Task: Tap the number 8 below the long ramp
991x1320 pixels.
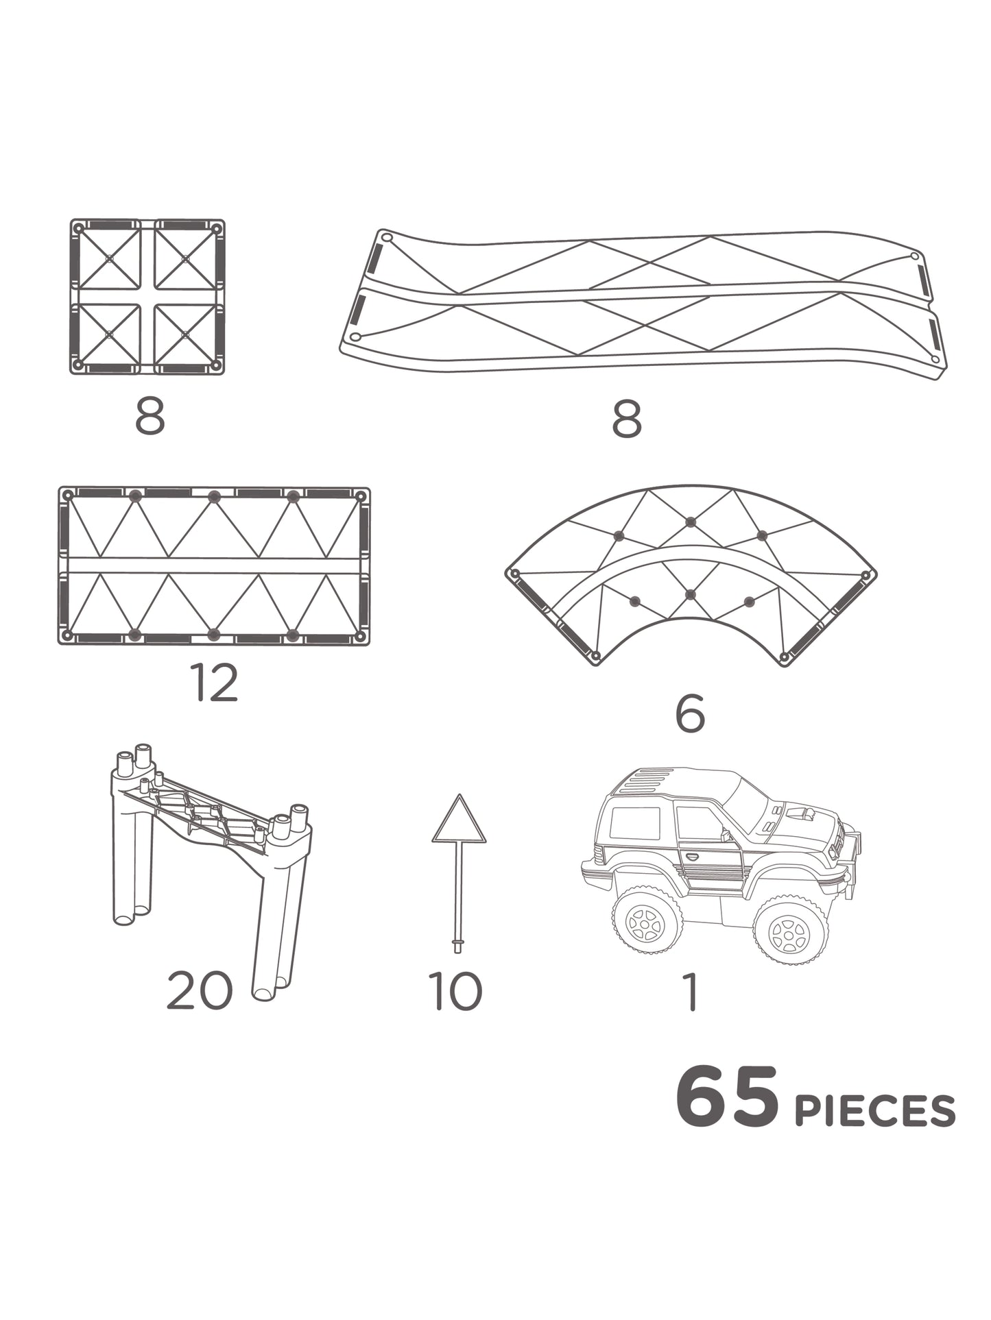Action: tap(626, 419)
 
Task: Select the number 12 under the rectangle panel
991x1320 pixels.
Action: tap(216, 683)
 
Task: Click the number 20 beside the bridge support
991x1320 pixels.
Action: tap(200, 991)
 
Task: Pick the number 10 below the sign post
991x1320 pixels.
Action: tap(455, 991)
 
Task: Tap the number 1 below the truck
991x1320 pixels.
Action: tap(691, 992)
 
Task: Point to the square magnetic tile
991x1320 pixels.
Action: tap(147, 297)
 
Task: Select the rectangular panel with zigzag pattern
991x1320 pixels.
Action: tap(214, 566)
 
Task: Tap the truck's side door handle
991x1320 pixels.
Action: tap(692, 857)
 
